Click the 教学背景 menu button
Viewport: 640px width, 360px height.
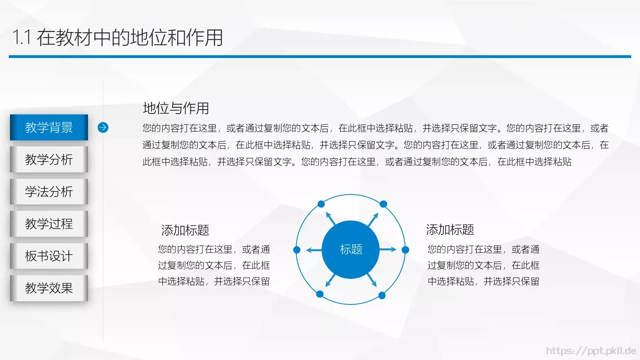click(x=49, y=127)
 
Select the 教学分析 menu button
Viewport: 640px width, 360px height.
click(x=49, y=159)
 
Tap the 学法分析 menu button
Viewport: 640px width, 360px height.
click(x=49, y=191)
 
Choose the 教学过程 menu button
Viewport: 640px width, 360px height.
click(x=49, y=223)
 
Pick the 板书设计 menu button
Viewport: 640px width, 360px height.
click(x=49, y=256)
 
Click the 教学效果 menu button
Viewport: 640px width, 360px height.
click(x=49, y=288)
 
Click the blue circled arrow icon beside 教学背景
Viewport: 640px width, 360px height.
click(x=103, y=127)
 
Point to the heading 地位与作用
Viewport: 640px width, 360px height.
click(x=176, y=108)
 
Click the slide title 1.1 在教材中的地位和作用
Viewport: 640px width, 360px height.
click(x=118, y=38)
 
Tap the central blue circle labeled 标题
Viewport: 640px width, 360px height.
click(x=351, y=249)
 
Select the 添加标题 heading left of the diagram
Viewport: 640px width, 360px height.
click(x=185, y=230)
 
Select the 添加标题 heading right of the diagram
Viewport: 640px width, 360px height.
click(x=450, y=230)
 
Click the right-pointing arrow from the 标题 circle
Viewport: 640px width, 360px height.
click(x=388, y=250)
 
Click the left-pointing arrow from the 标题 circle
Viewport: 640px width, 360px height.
click(x=314, y=250)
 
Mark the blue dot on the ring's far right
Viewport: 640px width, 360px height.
click(x=405, y=250)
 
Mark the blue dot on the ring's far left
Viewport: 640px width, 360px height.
click(x=297, y=250)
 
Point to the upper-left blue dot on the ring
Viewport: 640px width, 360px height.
click(x=321, y=204)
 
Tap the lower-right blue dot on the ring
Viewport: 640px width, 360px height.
click(x=382, y=295)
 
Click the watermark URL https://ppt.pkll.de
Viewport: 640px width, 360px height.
click(x=591, y=351)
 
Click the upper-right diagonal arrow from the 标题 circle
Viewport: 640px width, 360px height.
click(x=373, y=220)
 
